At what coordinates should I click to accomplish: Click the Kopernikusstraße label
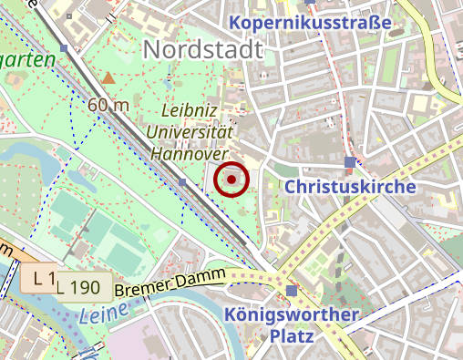[311, 22]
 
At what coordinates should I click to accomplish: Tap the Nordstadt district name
[203, 48]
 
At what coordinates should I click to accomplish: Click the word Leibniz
[191, 109]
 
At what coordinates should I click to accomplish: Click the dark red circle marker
[232, 180]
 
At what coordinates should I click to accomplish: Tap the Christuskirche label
[350, 186]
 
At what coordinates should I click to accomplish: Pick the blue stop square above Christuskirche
[350, 163]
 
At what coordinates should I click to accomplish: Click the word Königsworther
[292, 315]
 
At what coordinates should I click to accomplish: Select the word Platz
[292, 336]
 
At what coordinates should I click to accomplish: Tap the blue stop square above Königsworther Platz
[291, 291]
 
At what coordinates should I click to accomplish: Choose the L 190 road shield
[79, 288]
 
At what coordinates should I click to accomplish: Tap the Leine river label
[99, 315]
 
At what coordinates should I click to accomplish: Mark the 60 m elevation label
[108, 105]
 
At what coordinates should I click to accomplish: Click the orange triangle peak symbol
[108, 78]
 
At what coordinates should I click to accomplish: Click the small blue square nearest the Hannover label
[182, 182]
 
